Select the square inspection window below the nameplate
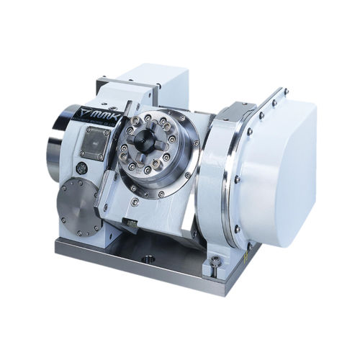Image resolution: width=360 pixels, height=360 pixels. click(x=95, y=142)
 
